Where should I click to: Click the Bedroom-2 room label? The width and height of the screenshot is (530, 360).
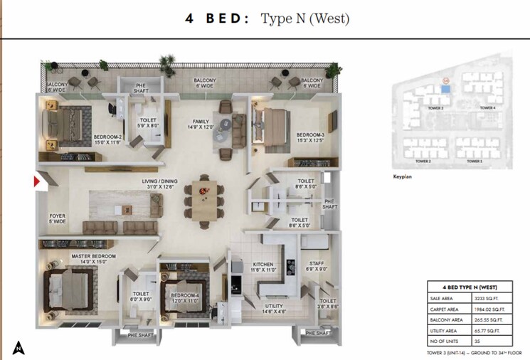107,137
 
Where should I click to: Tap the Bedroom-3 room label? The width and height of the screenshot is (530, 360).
310,135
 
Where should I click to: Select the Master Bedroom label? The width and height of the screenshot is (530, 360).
93,256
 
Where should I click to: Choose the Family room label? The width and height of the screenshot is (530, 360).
200,122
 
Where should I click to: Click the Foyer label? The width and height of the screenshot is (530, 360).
57,216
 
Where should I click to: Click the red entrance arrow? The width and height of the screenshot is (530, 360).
36,182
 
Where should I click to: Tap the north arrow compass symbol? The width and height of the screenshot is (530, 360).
18,348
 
